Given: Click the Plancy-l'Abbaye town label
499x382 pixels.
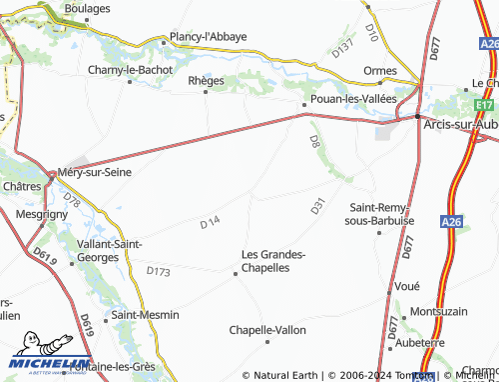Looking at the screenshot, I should [x=209, y=37].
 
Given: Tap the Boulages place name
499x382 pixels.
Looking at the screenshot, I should [x=88, y=7].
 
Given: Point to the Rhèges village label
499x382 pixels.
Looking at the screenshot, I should [x=207, y=80].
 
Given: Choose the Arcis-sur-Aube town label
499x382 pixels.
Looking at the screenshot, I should [x=461, y=122].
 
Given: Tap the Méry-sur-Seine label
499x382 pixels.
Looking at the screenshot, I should [x=96, y=172].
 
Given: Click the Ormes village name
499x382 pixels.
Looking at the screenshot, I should [x=380, y=71].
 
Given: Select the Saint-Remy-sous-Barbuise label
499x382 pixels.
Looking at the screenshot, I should [x=374, y=214].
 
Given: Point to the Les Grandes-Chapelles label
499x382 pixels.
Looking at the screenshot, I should [x=273, y=261].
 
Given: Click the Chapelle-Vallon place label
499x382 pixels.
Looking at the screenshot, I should [x=268, y=329].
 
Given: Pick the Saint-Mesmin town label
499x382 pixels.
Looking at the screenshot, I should [x=146, y=315].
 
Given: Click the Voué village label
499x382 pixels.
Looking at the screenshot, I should [x=406, y=285].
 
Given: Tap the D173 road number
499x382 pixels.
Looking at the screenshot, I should [x=159, y=271].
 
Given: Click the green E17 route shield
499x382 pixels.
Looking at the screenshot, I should [x=484, y=103].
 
